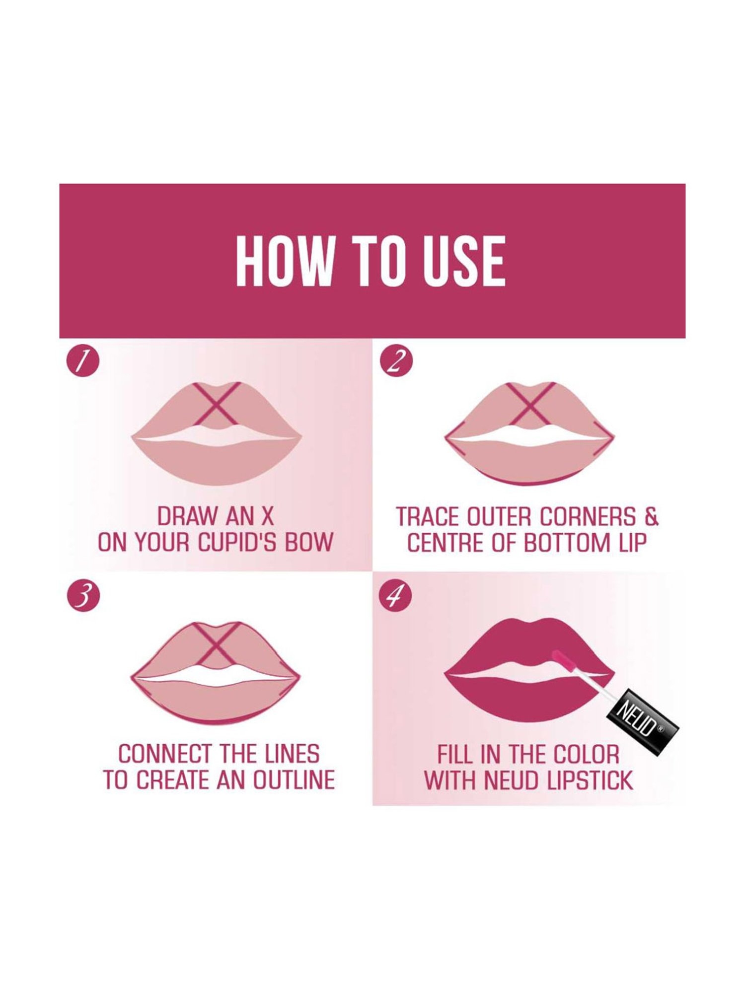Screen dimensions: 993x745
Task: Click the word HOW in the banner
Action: [283, 261]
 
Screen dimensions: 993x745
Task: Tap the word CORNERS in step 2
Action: [588, 517]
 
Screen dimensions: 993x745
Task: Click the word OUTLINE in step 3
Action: [294, 780]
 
